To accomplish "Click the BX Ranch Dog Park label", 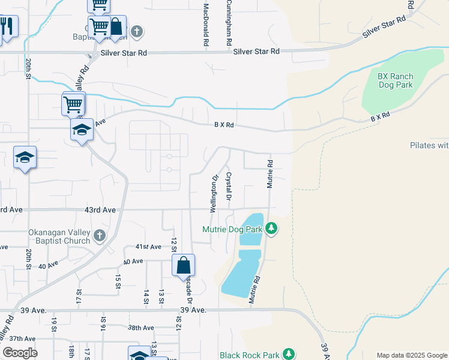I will click(x=396, y=80).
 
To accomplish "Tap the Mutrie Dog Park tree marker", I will click(x=272, y=229).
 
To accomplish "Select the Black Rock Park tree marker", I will click(x=289, y=355).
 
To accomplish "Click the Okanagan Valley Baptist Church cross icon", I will click(x=99, y=236).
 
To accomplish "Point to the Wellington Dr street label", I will click(x=213, y=194).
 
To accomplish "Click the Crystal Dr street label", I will click(x=229, y=186).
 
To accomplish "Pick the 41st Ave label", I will click(x=148, y=247).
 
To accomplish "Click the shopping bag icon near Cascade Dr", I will click(x=183, y=265).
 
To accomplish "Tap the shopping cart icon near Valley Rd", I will click(x=73, y=103).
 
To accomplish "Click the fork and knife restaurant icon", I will click(x=7, y=26).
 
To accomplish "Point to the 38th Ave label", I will click(x=141, y=328).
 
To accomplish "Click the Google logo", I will click(x=20, y=353).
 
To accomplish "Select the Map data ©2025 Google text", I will click(x=411, y=355).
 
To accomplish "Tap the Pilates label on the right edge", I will click(x=429, y=145).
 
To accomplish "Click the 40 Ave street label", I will click(x=133, y=261).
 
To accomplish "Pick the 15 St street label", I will click(x=118, y=280).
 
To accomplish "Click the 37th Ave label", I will click(x=22, y=338).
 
